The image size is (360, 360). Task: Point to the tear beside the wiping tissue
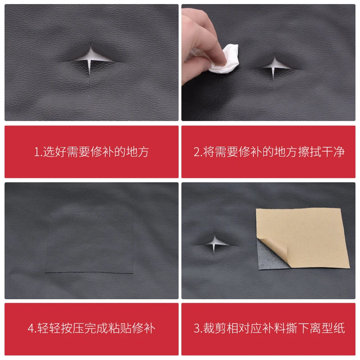(274, 66)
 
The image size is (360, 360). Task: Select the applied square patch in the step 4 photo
(90, 243)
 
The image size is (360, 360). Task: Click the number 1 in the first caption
(36, 152)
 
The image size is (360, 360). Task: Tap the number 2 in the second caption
(197, 152)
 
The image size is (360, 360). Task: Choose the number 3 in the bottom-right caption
(197, 328)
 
